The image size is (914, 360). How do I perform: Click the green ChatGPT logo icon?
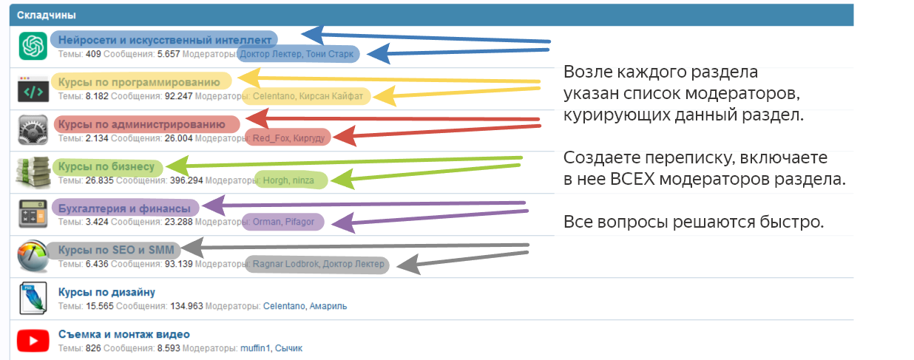[x=33, y=46]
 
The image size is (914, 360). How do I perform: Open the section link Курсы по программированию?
[x=139, y=82]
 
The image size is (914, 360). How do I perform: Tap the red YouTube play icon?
[x=33, y=341]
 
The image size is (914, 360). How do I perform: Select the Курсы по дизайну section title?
[x=106, y=292]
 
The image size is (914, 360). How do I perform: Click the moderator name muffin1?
[x=255, y=348]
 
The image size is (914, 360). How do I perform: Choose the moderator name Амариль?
[x=328, y=306]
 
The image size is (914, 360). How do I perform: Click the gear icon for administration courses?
[x=33, y=129]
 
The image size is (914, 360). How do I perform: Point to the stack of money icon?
[x=33, y=172]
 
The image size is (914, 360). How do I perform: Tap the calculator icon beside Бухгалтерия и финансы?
[x=33, y=214]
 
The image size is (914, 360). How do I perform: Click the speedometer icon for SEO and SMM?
[x=33, y=256]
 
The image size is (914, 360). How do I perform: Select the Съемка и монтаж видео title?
[x=124, y=334]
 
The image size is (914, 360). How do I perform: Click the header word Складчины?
[x=47, y=15]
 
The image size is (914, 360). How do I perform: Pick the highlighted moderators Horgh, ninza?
[x=288, y=180]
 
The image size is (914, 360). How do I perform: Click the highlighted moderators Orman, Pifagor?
[x=283, y=222]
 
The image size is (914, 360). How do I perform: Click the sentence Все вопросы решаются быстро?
[x=694, y=222]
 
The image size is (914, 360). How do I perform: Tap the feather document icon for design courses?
[x=33, y=298]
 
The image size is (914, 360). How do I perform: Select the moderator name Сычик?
[x=288, y=348]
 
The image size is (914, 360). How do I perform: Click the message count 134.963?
[x=186, y=306]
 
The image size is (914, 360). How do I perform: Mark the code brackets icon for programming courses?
[x=33, y=89]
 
